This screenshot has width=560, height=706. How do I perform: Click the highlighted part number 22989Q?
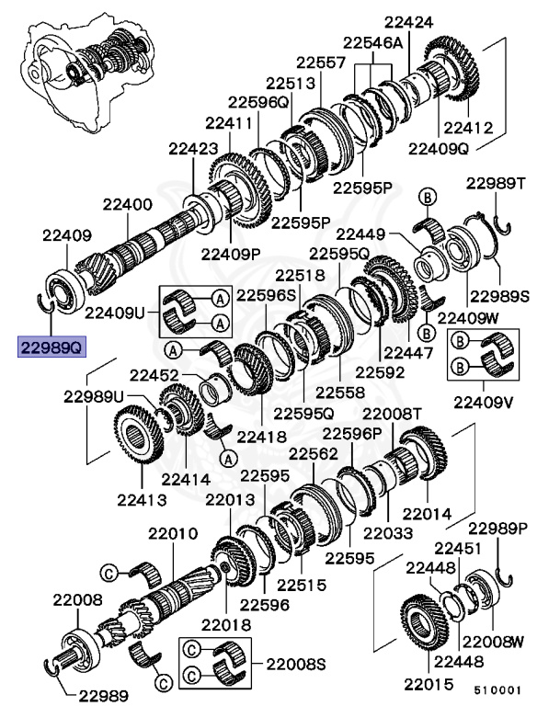click(x=50, y=347)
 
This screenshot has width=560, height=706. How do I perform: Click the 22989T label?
click(x=495, y=184)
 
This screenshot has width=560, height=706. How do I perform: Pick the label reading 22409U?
click(x=116, y=313)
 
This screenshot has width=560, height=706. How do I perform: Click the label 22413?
click(x=141, y=500)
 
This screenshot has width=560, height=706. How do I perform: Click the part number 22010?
click(x=167, y=534)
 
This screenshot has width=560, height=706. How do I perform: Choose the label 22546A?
click(x=373, y=42)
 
